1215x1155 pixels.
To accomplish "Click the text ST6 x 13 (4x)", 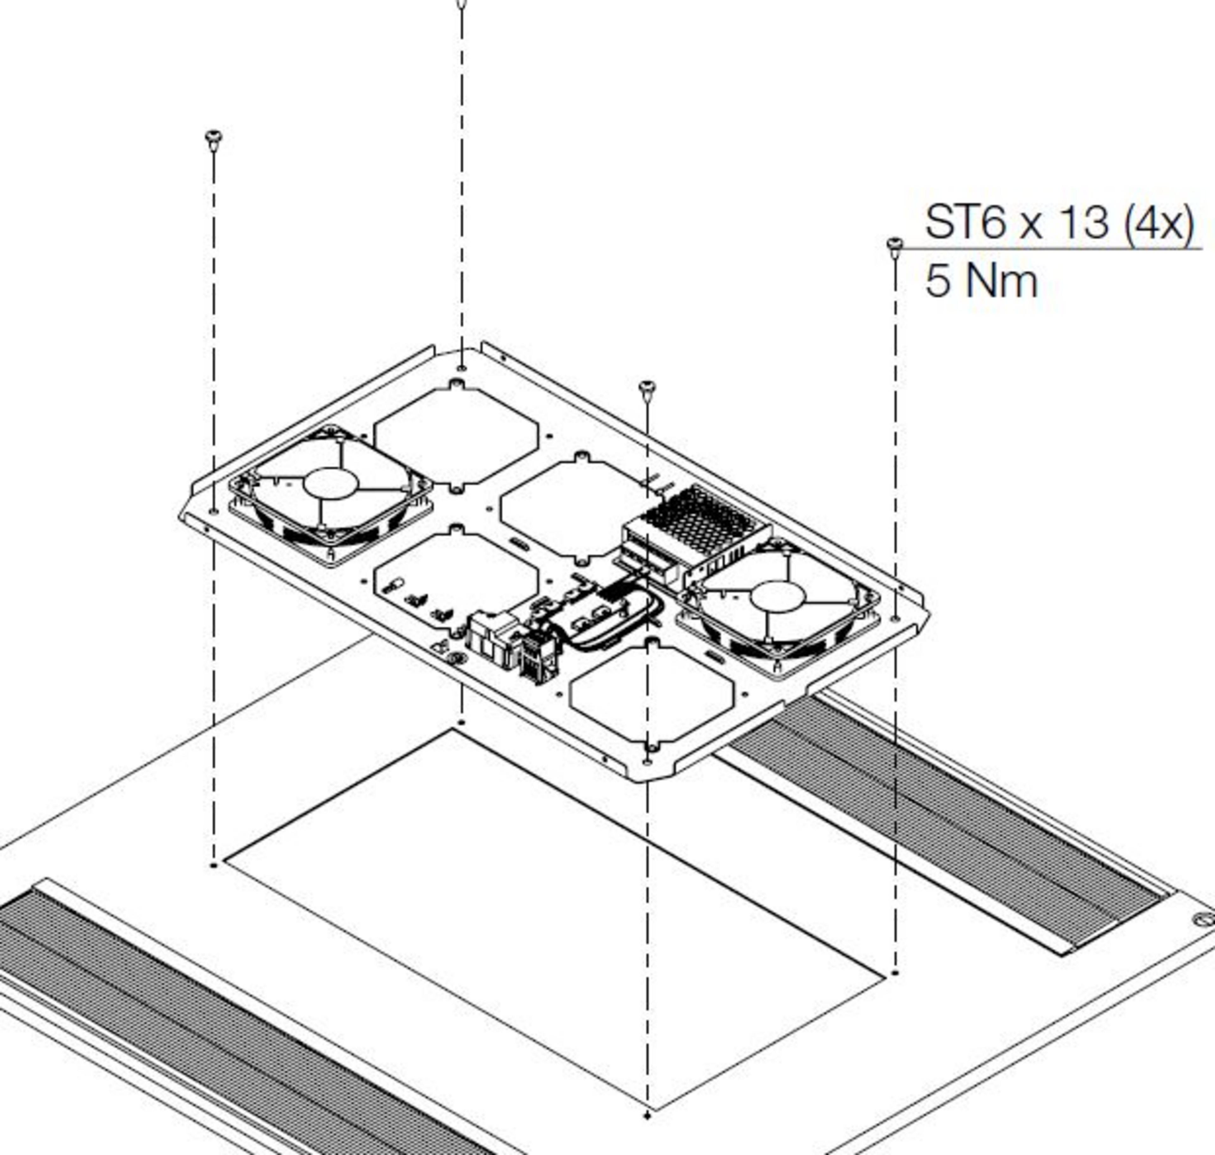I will pyautogui.click(x=1059, y=223).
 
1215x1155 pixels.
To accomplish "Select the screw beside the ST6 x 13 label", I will pyautogui.click(x=895, y=247).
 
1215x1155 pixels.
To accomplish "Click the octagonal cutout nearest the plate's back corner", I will pyautogui.click(x=456, y=436).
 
